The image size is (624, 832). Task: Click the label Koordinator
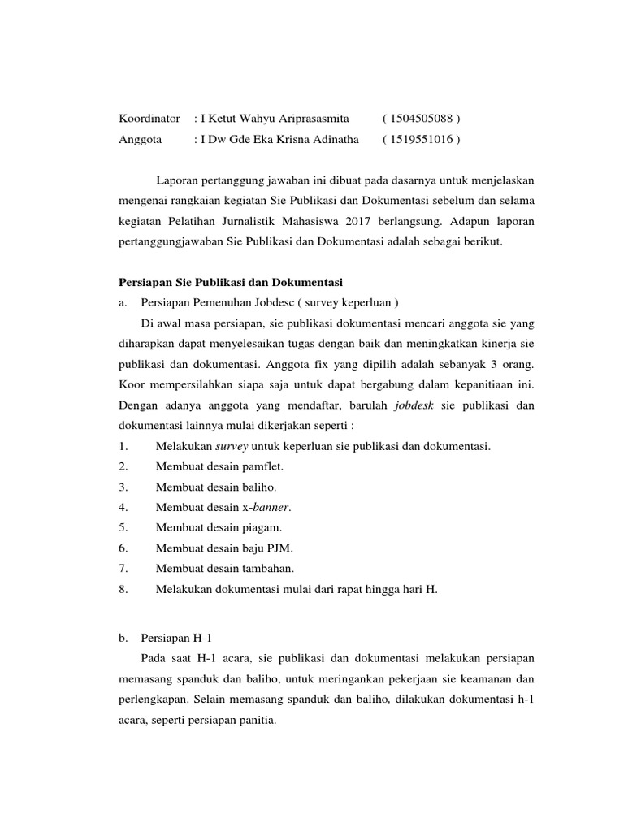[x=149, y=119]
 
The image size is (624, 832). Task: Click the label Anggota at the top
[x=141, y=139]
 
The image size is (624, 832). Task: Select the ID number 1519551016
[x=421, y=139]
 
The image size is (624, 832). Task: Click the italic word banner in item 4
[x=271, y=507]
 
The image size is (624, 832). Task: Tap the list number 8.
[x=123, y=589]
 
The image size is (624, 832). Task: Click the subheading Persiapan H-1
[x=175, y=639]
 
